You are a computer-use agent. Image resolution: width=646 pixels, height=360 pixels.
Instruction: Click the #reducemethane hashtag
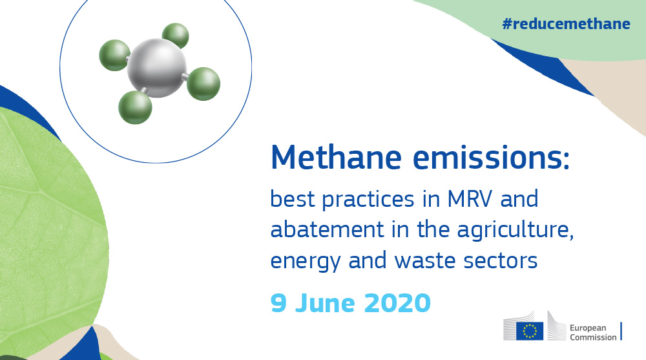coord(565,25)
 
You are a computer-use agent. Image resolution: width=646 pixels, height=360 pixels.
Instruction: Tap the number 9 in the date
coord(278,303)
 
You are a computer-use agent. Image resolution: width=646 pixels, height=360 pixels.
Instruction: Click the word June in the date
coord(324,303)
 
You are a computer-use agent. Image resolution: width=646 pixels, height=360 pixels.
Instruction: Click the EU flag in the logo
coord(530,331)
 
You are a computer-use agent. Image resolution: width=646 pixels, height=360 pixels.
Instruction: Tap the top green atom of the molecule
coord(175,36)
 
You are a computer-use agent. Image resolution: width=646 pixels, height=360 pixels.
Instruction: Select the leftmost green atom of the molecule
coord(114,56)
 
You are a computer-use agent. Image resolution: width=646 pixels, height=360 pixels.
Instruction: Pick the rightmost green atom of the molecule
coord(204,84)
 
